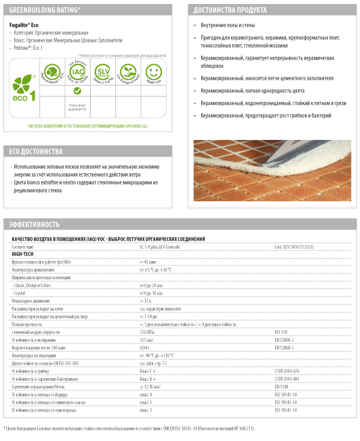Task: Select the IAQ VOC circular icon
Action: (x=77, y=73)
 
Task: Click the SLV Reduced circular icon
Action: (x=103, y=73)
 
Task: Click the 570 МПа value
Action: (x=148, y=332)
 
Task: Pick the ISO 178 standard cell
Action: (x=282, y=332)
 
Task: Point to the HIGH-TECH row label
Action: (x=22, y=253)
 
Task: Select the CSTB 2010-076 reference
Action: (x=287, y=371)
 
